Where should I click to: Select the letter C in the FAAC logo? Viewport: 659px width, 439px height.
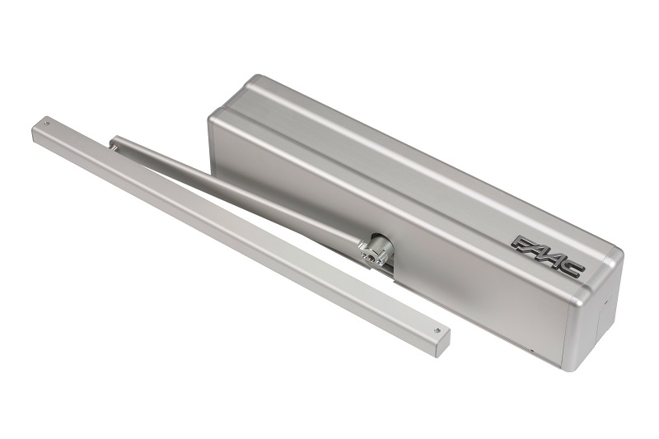click(573, 269)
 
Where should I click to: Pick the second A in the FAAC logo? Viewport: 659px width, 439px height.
click(554, 260)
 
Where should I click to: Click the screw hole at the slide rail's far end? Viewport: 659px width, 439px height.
click(47, 124)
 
